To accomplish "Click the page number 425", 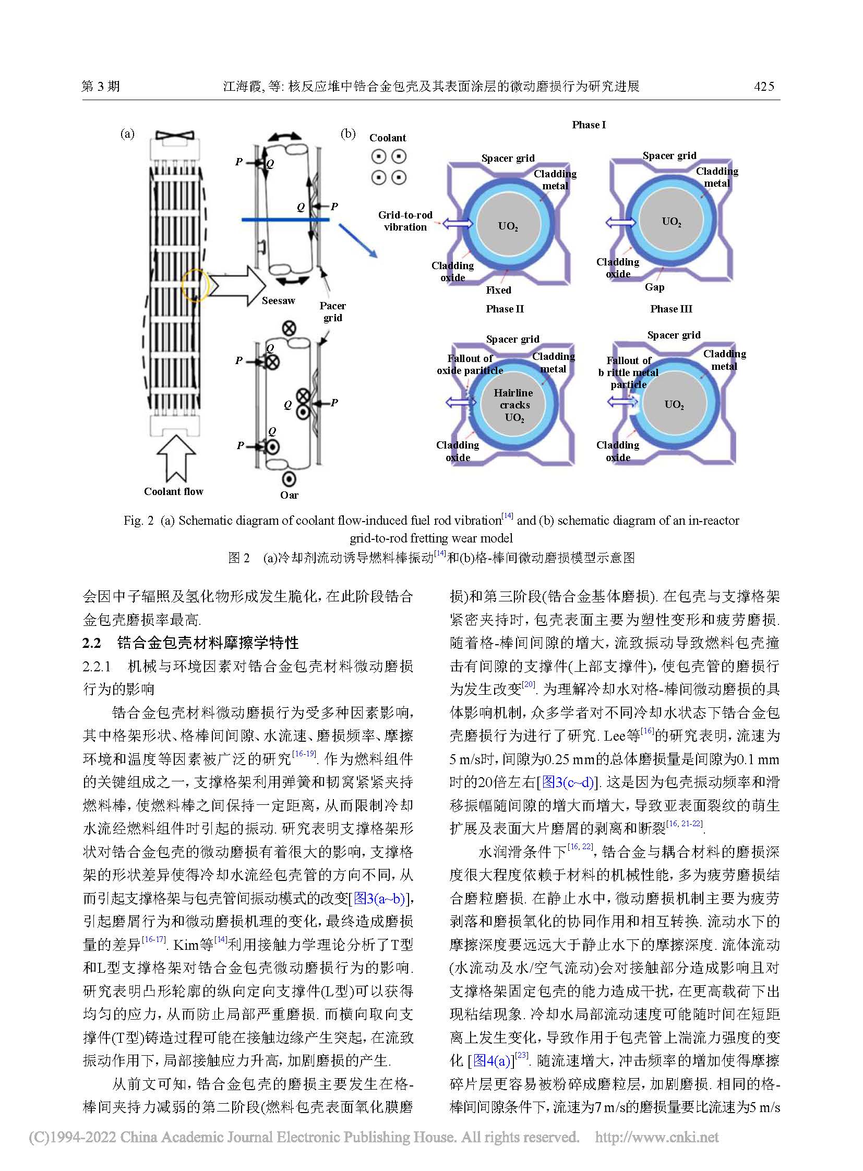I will pyautogui.click(x=764, y=87).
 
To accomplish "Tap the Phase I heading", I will pyautogui.click(x=589, y=125).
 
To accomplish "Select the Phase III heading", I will pyautogui.click(x=671, y=309).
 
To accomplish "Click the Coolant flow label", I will pyautogui.click(x=173, y=491).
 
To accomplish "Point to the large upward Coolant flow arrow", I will pyautogui.click(x=176, y=457).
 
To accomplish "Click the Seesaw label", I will pyautogui.click(x=278, y=301).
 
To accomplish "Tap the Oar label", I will pyautogui.click(x=289, y=495).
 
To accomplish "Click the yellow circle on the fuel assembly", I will pyautogui.click(x=195, y=285).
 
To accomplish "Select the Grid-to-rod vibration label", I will pyautogui.click(x=405, y=221).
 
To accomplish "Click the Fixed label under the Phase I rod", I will pyautogui.click(x=498, y=291).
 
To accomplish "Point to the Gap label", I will pyautogui.click(x=654, y=287).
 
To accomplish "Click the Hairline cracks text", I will pyautogui.click(x=513, y=399).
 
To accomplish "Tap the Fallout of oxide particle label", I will pyautogui.click(x=470, y=365).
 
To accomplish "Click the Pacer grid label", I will pyautogui.click(x=333, y=312).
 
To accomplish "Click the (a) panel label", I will pyautogui.click(x=127, y=134).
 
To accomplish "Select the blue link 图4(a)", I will pyautogui.click(x=492, y=1061).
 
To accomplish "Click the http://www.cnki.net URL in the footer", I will pyautogui.click(x=657, y=1137).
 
